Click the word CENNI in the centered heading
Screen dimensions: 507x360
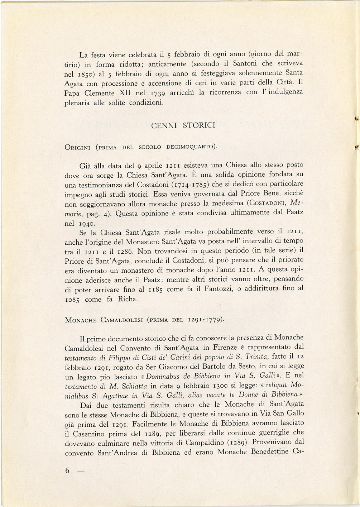coord(164,126)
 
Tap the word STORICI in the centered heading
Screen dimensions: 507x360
coord(199,125)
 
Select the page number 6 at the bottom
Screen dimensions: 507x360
coord(67,471)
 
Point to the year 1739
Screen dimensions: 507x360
coord(157,93)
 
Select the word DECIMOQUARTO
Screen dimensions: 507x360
coord(191,147)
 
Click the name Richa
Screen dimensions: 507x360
coord(128,299)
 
